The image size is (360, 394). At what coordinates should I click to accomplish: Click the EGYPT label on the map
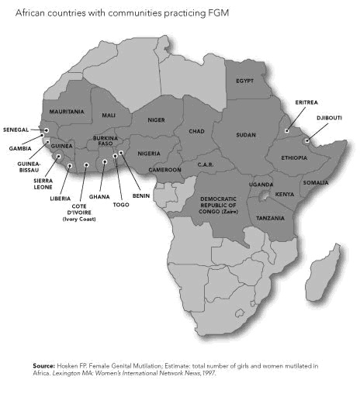pyautogui.click(x=244, y=81)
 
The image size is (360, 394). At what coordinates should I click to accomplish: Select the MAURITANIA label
pyautogui.click(x=66, y=112)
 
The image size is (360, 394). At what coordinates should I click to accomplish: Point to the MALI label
pyautogui.click(x=109, y=116)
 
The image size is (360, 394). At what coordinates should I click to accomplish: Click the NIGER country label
pyautogui.click(x=157, y=121)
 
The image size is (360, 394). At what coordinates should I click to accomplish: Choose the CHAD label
pyautogui.click(x=196, y=131)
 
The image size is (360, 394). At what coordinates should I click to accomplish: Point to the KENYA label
pyautogui.click(x=285, y=194)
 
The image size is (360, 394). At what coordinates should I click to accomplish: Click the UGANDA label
pyautogui.click(x=261, y=185)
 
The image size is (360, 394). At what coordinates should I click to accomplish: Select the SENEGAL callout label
pyautogui.click(x=16, y=130)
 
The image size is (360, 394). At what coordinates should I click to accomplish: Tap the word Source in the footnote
pyautogui.click(x=45, y=364)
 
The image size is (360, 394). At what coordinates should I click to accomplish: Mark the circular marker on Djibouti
pyautogui.click(x=307, y=141)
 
